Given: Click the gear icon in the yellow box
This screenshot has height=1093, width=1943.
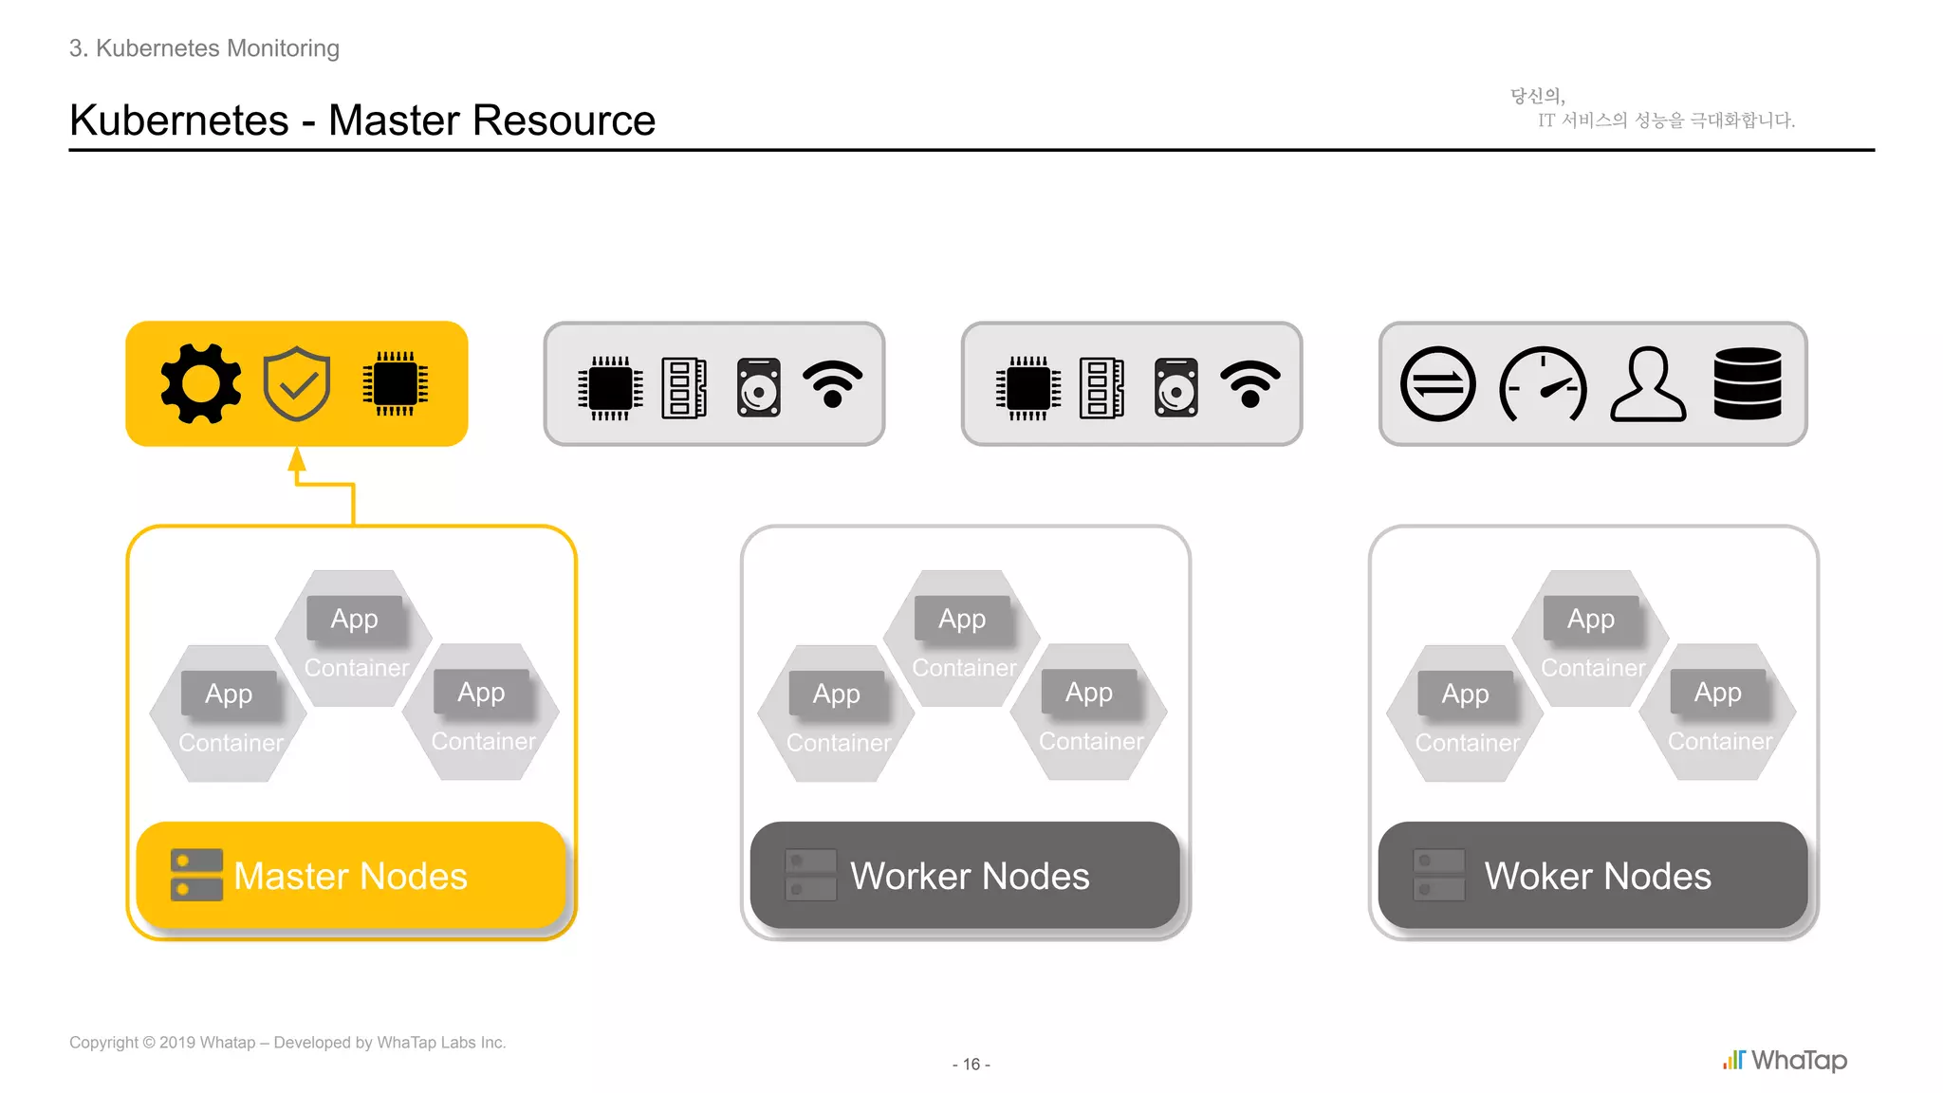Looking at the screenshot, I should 200,383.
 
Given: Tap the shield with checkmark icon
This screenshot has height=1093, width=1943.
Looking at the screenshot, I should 297,383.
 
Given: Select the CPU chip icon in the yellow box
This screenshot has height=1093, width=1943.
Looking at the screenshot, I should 396,383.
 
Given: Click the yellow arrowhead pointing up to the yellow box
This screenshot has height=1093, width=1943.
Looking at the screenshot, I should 297,460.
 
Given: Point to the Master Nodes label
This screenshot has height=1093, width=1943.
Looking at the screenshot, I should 350,876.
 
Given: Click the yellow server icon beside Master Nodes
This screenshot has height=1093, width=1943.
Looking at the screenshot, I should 196,875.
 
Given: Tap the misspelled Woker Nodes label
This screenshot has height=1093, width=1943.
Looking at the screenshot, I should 1598,876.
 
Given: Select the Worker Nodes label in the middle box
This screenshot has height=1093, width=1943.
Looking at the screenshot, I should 970,876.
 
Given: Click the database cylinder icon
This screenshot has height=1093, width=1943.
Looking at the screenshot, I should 1748,383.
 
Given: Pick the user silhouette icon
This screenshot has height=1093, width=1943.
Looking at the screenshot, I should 1649,384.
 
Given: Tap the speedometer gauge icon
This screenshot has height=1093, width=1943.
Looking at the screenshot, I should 1543,384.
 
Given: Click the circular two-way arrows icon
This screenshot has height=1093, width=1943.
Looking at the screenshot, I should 1438,384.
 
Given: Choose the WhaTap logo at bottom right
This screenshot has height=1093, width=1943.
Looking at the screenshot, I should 1786,1060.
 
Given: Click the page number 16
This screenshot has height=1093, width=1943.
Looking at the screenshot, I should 971,1065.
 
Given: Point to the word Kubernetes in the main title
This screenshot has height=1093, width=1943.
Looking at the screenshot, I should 179,120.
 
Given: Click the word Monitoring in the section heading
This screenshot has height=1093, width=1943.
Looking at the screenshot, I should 282,48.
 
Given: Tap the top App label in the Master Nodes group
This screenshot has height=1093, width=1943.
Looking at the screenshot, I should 354,619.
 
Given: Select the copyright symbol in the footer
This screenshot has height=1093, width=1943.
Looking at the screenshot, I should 149,1043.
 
